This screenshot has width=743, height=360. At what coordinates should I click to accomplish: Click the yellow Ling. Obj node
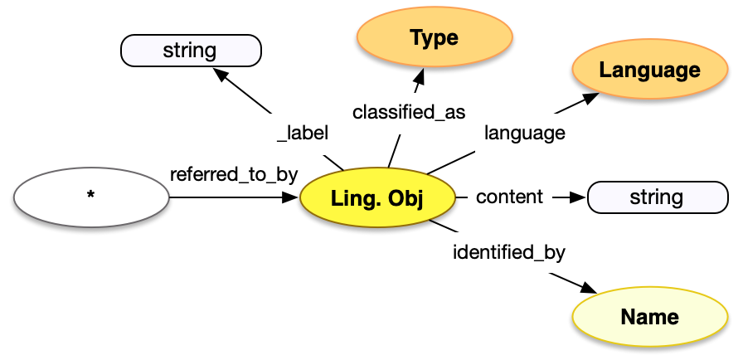click(377, 198)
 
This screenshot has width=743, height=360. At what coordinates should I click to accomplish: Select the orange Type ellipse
click(434, 38)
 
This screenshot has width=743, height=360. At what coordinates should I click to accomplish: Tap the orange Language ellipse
click(649, 71)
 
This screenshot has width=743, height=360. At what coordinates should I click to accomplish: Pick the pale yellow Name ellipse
click(649, 317)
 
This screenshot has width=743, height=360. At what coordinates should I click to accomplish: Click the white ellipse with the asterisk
click(91, 197)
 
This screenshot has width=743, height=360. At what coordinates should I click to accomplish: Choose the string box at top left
click(191, 51)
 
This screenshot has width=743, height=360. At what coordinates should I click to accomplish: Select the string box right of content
click(656, 197)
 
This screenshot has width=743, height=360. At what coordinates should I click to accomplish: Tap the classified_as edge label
click(409, 111)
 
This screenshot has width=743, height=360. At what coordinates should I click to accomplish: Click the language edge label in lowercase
click(525, 132)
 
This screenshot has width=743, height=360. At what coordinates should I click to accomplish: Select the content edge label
click(509, 197)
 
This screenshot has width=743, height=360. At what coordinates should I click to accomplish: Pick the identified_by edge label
click(514, 251)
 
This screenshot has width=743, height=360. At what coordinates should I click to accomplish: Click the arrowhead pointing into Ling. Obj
click(291, 197)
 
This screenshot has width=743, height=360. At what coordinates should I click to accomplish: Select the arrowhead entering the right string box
click(578, 197)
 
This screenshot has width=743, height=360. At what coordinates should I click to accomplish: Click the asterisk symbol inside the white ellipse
click(90, 196)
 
